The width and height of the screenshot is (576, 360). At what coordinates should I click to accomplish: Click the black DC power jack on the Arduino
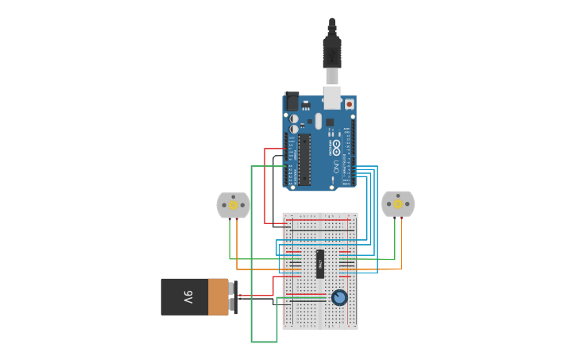[x=292, y=102]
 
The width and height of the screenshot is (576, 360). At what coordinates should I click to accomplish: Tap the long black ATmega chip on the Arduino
[x=304, y=159]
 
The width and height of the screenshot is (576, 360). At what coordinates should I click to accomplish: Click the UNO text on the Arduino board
[x=336, y=167]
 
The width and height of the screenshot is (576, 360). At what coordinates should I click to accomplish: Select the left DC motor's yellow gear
[x=234, y=205]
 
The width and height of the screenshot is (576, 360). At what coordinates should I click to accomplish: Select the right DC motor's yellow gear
[x=398, y=204]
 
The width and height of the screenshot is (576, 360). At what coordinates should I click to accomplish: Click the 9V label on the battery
[x=188, y=297]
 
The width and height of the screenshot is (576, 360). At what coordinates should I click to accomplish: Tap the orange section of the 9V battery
[x=218, y=296]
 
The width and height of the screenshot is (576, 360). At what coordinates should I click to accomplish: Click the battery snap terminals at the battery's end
[x=232, y=296]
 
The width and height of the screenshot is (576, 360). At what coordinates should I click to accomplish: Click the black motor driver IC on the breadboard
[x=320, y=265]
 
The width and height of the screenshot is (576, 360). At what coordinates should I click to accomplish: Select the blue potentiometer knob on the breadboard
[x=339, y=297]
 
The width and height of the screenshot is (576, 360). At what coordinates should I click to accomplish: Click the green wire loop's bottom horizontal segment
[x=264, y=342]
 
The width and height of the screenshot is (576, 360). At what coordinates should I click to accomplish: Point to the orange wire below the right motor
[x=401, y=242]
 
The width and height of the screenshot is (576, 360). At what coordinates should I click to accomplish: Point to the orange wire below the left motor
[x=237, y=246]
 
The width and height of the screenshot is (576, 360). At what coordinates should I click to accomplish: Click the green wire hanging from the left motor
[x=230, y=238]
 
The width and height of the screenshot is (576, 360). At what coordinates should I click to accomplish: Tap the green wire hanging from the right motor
[x=394, y=238]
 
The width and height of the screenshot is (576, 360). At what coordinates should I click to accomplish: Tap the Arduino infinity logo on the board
[x=336, y=147]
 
